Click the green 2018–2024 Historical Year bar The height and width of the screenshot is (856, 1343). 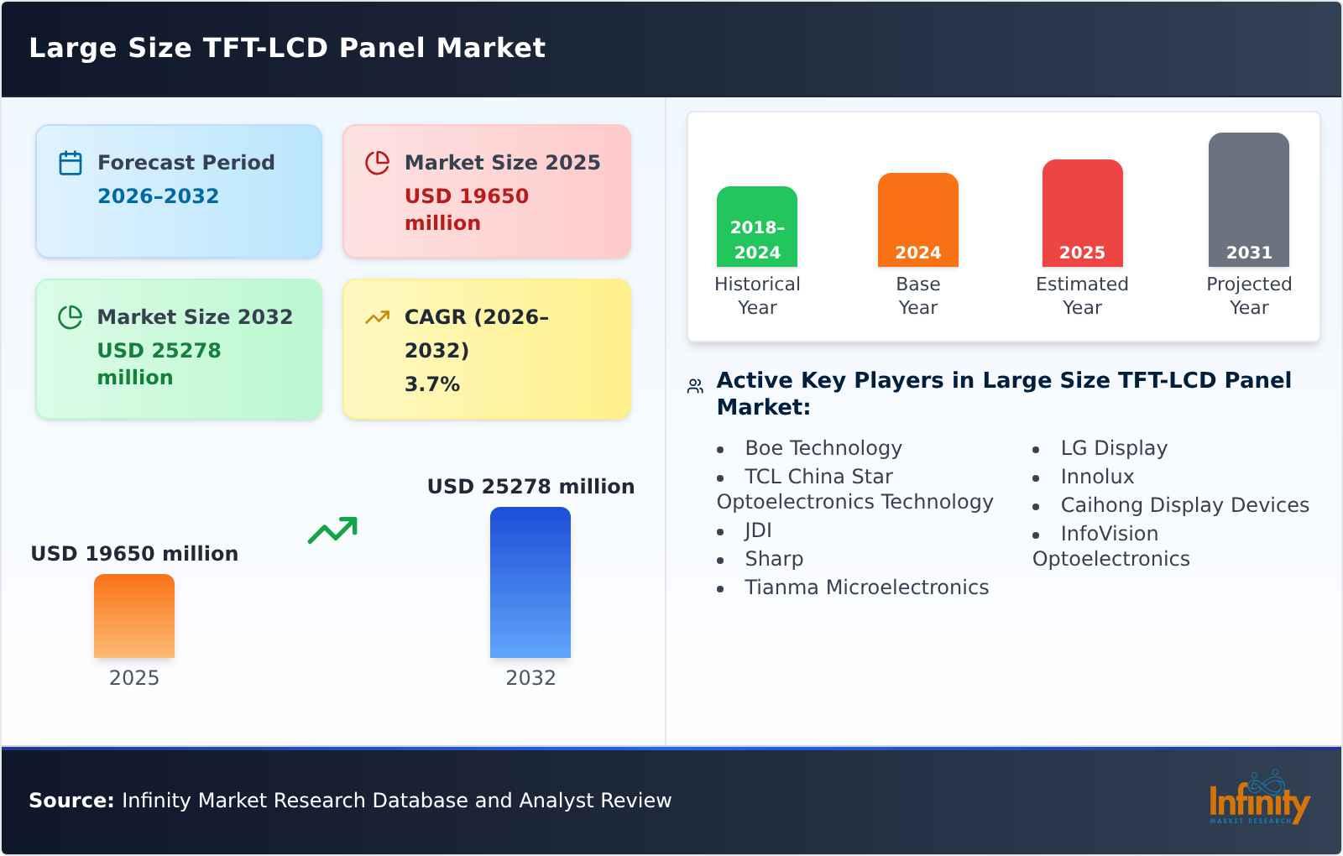pyautogui.click(x=756, y=227)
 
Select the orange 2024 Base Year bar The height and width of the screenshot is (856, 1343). pyautogui.click(x=917, y=220)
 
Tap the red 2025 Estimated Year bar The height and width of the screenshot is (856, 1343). pyautogui.click(x=1082, y=213)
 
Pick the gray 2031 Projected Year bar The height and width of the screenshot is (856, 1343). pyautogui.click(x=1248, y=200)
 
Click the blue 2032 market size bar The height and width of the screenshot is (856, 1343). pyautogui.click(x=530, y=582)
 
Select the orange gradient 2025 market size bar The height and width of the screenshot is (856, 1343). pyautogui.click(x=133, y=616)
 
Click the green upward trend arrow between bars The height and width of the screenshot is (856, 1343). pyautogui.click(x=332, y=530)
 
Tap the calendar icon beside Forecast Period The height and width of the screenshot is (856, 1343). pyautogui.click(x=71, y=163)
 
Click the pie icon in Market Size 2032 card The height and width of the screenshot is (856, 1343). pyautogui.click(x=71, y=317)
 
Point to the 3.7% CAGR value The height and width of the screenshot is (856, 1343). pyautogui.click(x=431, y=384)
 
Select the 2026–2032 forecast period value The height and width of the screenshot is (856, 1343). pyautogui.click(x=158, y=196)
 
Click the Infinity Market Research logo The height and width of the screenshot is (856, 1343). pyautogui.click(x=1258, y=800)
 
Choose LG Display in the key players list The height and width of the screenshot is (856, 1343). pyautogui.click(x=1113, y=448)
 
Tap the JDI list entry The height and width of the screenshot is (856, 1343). pyautogui.click(x=757, y=530)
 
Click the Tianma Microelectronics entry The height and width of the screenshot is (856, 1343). pyautogui.click(x=866, y=587)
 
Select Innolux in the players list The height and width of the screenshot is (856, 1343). pyautogui.click(x=1096, y=477)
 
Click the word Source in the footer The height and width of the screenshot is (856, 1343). pyautogui.click(x=71, y=801)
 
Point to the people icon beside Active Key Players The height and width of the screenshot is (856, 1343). pyautogui.click(x=695, y=386)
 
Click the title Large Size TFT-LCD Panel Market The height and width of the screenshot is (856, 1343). pyautogui.click(x=287, y=48)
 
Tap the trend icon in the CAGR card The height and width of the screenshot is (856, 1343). pyautogui.click(x=377, y=317)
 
